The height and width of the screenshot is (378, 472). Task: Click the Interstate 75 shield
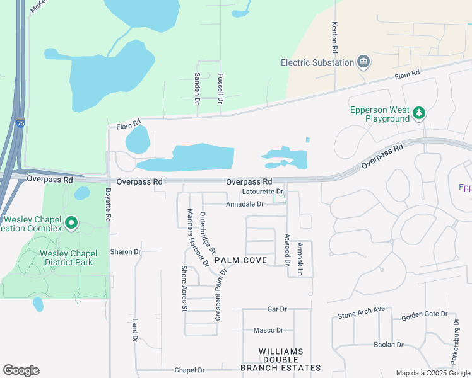[x=21, y=125]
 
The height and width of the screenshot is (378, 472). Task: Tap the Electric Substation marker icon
[x=363, y=62]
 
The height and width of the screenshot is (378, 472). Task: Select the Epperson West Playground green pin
[x=419, y=113]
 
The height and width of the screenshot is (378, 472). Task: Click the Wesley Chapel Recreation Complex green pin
[x=72, y=222]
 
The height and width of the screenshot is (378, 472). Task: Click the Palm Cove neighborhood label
[x=240, y=260]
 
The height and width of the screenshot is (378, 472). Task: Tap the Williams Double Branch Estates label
[x=281, y=359]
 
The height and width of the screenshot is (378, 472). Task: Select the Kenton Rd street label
[x=335, y=37]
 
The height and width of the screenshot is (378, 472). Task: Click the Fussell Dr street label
[x=221, y=88]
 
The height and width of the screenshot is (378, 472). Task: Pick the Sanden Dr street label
[x=197, y=88]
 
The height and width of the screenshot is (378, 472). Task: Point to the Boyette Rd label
[x=109, y=205]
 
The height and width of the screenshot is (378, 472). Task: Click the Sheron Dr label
[x=125, y=252]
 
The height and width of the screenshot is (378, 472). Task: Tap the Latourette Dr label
[x=263, y=191]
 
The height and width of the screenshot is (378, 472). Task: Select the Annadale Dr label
[x=245, y=204]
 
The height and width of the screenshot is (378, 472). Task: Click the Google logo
[x=21, y=370]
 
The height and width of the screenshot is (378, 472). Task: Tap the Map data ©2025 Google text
[x=432, y=373]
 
